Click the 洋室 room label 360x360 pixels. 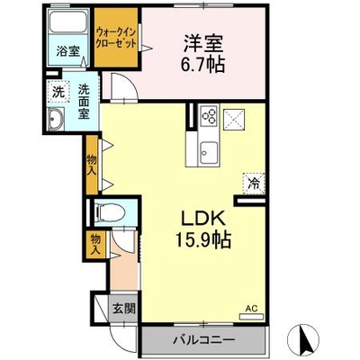(x=203, y=43)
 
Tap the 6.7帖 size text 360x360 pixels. (x=202, y=64)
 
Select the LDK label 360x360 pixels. (x=203, y=220)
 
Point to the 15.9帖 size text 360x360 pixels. (x=203, y=240)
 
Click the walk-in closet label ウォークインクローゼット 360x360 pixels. (x=116, y=37)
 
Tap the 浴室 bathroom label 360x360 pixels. (x=68, y=51)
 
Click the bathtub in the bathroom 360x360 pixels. (x=68, y=22)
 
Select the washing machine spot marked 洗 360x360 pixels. (x=58, y=93)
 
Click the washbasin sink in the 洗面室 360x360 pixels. (x=56, y=118)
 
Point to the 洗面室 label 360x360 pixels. (x=84, y=102)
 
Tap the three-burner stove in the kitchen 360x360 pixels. (x=209, y=114)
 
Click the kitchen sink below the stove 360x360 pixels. (x=209, y=153)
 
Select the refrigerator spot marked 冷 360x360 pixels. (x=254, y=183)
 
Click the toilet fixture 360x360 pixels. (x=109, y=212)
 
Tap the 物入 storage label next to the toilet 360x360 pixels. (x=95, y=245)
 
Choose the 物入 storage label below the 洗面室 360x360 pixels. (x=92, y=166)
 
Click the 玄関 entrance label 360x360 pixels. (x=124, y=309)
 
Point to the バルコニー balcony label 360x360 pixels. (x=203, y=340)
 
